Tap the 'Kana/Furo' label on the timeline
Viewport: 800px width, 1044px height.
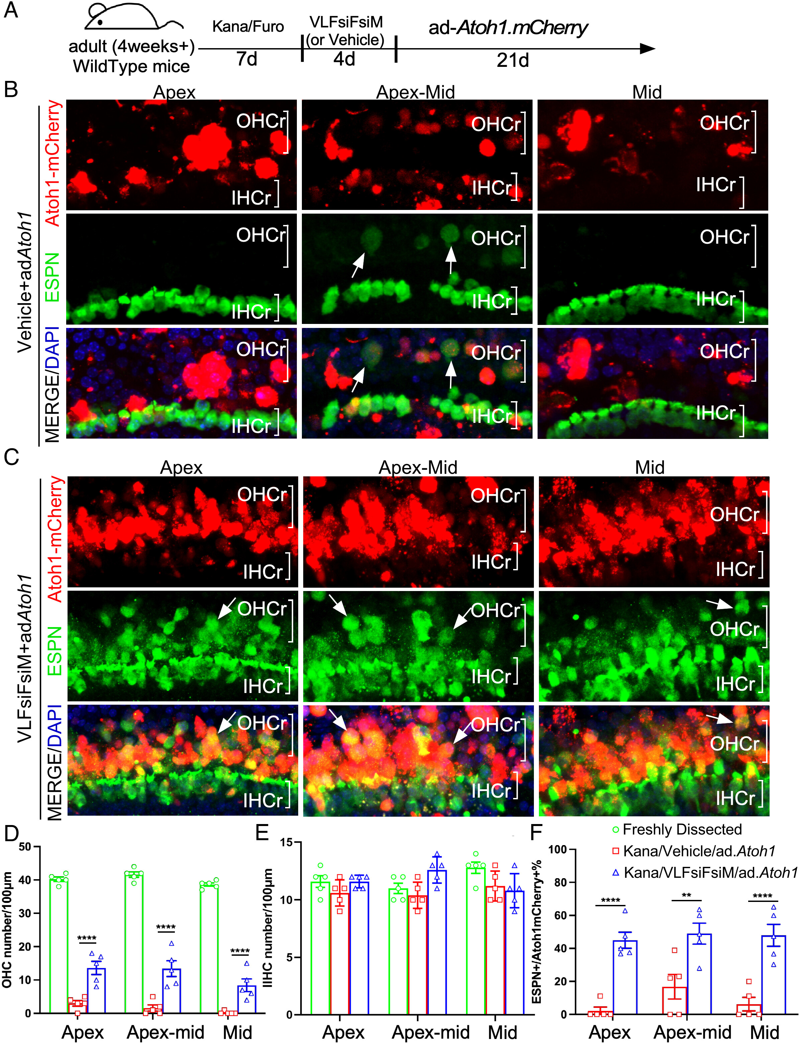(x=248, y=27)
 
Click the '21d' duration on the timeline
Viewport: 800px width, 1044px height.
(x=512, y=61)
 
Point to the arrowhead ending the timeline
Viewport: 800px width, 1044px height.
(x=648, y=48)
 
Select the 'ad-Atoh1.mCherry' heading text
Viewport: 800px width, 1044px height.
(x=508, y=28)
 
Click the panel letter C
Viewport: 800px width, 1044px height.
(x=11, y=457)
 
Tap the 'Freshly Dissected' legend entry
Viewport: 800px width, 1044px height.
(x=682, y=829)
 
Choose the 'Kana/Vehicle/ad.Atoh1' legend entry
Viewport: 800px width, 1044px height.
(x=699, y=851)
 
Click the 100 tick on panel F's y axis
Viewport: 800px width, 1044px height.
(x=558, y=849)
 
